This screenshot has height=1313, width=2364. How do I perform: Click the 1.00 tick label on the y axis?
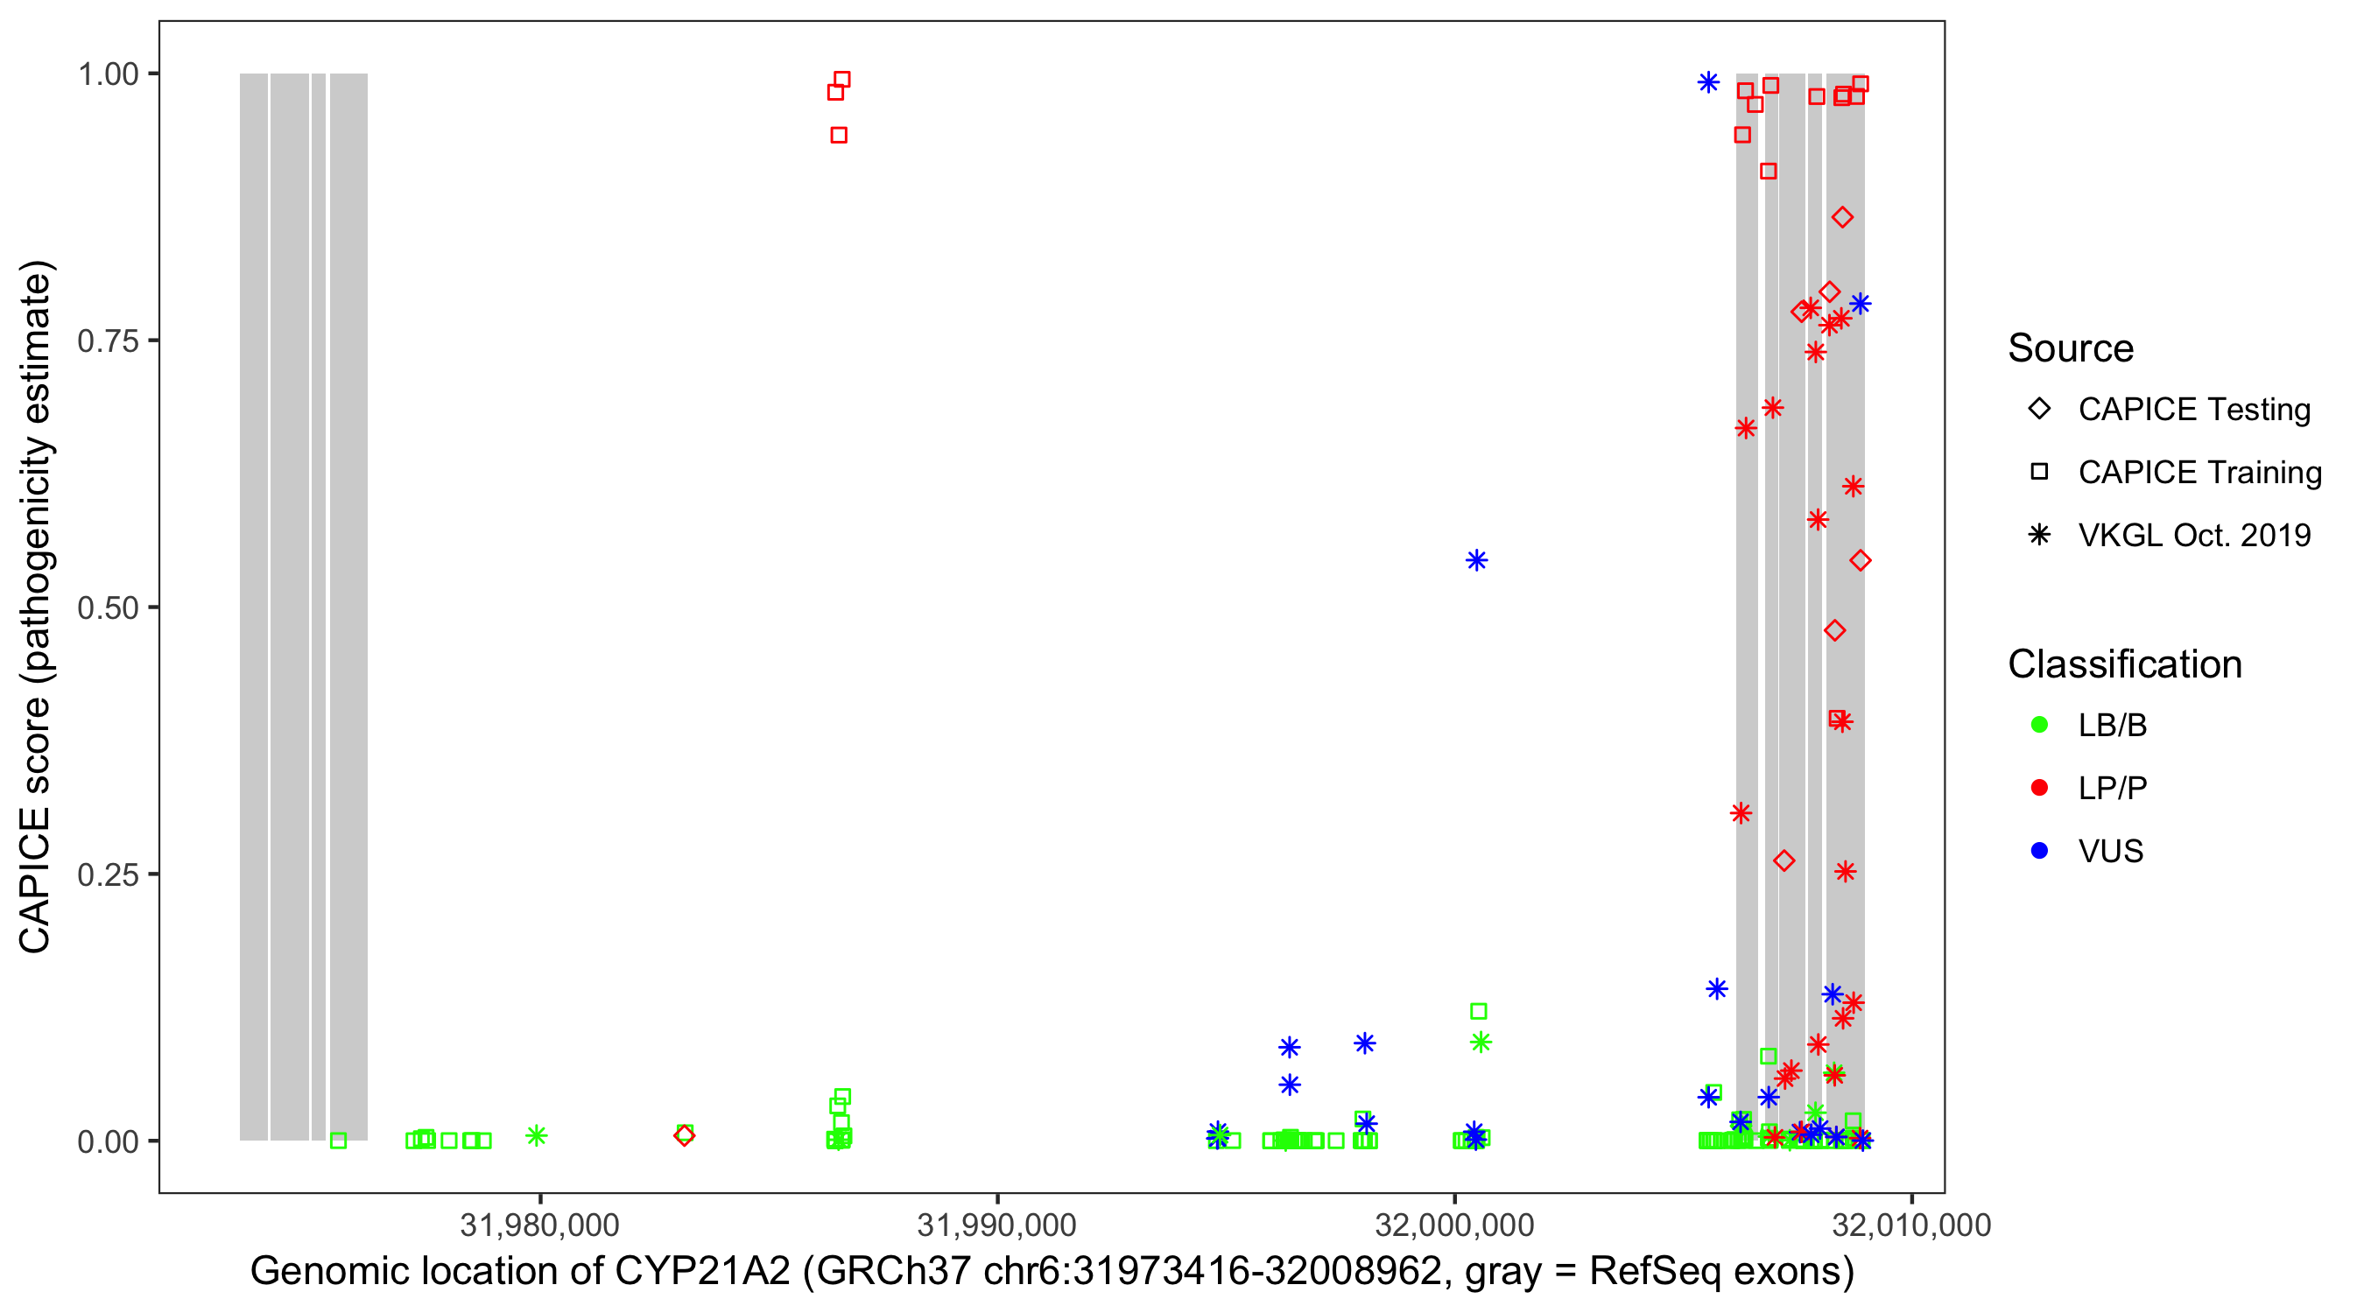[x=108, y=74]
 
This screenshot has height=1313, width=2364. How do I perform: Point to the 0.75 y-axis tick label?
[x=108, y=341]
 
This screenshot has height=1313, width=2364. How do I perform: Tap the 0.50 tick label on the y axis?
[x=108, y=607]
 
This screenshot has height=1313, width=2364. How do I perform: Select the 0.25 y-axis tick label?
[x=108, y=874]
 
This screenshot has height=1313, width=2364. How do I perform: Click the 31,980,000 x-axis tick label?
[x=539, y=1225]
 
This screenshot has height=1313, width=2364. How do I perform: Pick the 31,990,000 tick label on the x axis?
[x=996, y=1225]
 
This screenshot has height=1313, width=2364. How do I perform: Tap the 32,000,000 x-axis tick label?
[x=1454, y=1225]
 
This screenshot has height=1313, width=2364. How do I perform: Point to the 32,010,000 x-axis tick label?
[x=1911, y=1225]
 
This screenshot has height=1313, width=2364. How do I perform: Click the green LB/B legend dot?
[x=2039, y=725]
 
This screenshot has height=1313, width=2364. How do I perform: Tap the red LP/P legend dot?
[x=2039, y=788]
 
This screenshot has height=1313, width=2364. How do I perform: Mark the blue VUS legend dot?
[x=2039, y=851]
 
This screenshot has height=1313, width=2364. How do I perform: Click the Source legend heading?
[x=2071, y=348]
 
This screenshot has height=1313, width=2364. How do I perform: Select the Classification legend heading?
[x=2124, y=664]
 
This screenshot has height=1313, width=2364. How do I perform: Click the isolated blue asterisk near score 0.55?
[x=1475, y=560]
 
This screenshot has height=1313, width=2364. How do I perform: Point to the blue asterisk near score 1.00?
[x=1708, y=82]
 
